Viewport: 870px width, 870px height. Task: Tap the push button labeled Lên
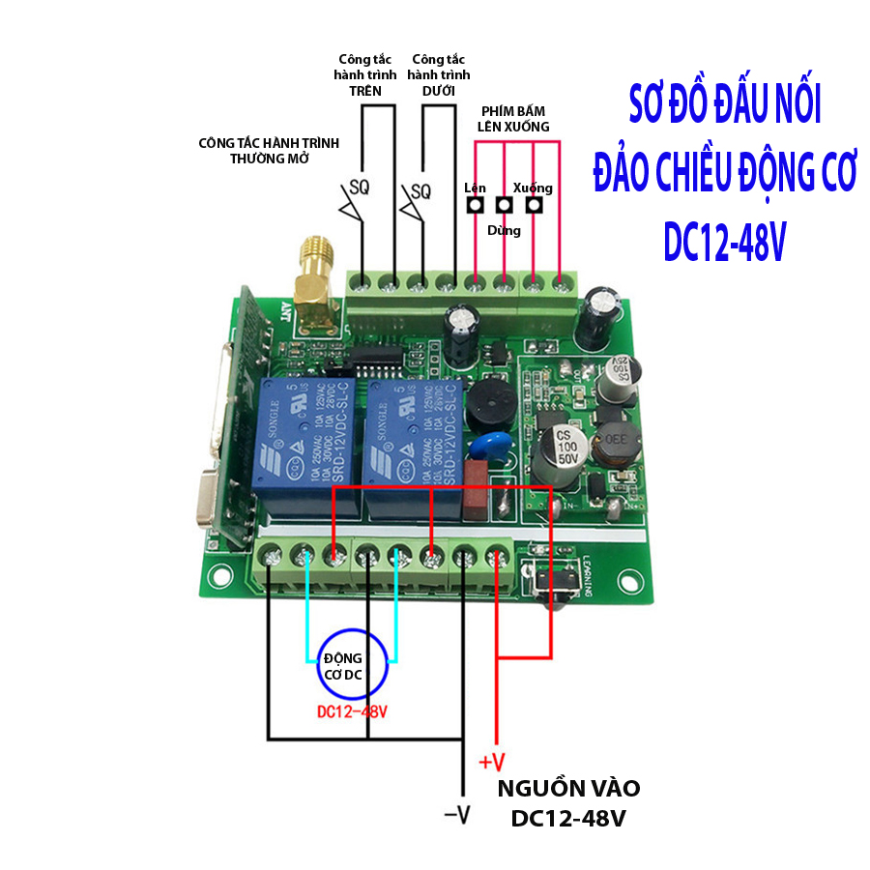[x=475, y=206]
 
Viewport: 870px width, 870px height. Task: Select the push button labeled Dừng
[x=504, y=206]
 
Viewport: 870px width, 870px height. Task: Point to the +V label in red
[x=492, y=760]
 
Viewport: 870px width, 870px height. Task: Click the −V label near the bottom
[x=456, y=814]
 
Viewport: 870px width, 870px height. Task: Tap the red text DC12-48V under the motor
[x=352, y=712]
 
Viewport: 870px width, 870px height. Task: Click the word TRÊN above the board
[x=365, y=91]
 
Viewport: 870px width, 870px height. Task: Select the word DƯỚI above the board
[x=439, y=91]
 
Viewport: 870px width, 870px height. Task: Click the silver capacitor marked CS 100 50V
[x=560, y=452]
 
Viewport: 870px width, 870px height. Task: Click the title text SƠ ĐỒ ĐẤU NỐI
[x=723, y=107]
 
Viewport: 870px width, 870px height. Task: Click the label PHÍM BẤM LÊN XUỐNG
[x=514, y=119]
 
